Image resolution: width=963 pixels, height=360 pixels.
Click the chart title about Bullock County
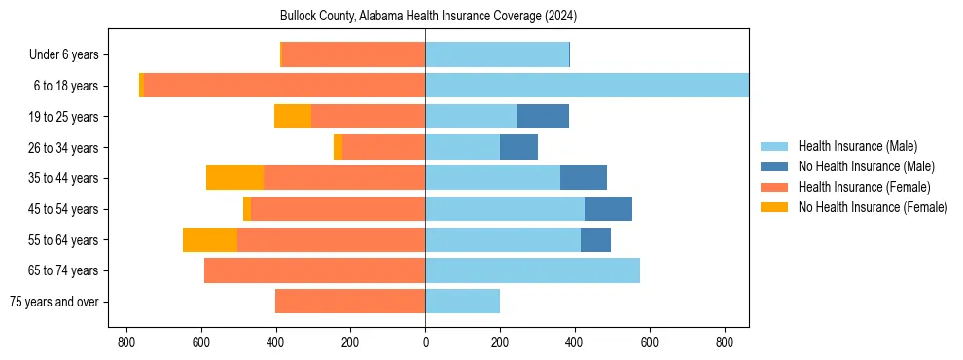(428, 17)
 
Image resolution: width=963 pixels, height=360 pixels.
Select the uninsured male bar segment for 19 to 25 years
(543, 117)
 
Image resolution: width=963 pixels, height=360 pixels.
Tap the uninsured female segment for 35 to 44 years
(234, 178)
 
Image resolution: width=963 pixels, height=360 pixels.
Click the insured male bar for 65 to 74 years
(532, 270)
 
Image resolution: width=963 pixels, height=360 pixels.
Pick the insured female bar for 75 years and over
(350, 302)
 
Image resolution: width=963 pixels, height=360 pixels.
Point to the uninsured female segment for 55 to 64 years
(210, 240)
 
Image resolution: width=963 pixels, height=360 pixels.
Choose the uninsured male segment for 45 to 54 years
(608, 209)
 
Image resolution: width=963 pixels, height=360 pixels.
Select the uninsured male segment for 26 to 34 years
(518, 147)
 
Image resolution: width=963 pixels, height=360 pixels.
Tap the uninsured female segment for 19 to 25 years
(293, 117)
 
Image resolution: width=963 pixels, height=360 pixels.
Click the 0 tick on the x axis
(425, 342)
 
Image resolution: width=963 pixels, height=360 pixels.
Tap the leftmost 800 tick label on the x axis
(125, 342)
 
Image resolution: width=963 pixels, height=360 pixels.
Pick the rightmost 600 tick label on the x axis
(650, 342)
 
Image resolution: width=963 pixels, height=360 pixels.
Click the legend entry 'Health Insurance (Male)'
(857, 146)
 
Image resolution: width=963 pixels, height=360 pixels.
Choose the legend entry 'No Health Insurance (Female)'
(873, 207)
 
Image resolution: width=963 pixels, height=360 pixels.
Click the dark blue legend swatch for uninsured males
(774, 166)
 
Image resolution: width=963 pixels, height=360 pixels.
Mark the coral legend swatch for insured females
(774, 187)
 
